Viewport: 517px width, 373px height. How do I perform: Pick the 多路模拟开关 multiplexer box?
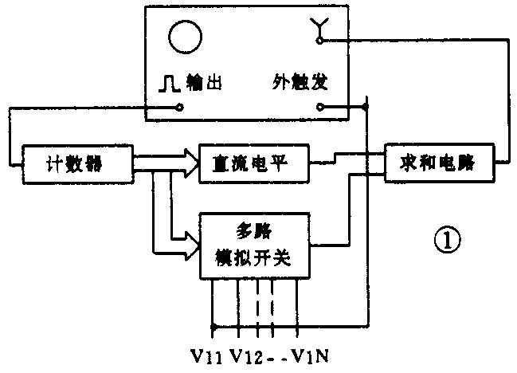[254, 245]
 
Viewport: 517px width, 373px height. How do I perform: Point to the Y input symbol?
[319, 31]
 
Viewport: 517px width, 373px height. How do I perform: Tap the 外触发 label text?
[298, 83]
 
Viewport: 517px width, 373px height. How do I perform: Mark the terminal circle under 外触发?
[319, 108]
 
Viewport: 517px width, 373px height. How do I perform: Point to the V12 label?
[249, 355]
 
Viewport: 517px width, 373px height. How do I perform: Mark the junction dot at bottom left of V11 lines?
[213, 325]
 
